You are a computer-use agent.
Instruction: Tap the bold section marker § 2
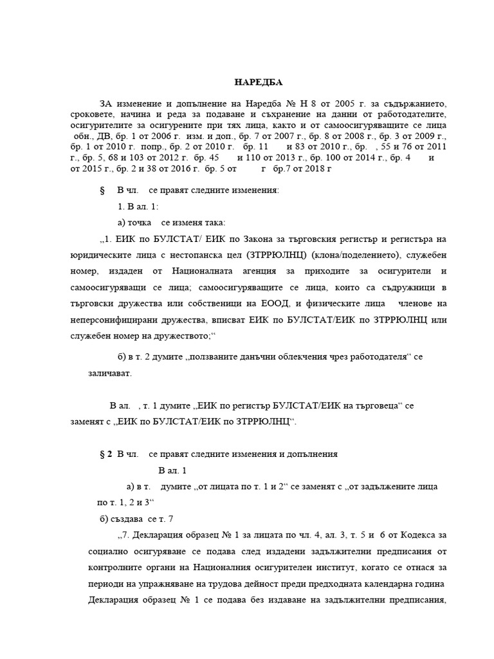point(106,454)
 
